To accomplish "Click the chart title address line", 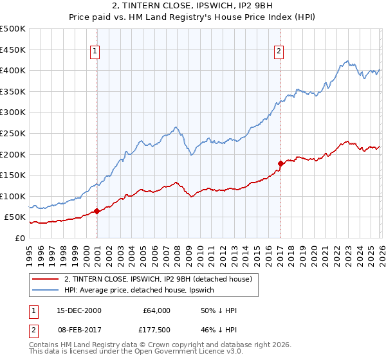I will pos(192,7).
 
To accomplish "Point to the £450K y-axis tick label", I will pos(13,50).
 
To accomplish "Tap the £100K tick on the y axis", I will pos(13,196).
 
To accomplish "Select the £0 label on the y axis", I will pos(20,238).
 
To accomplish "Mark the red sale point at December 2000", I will pos(96,211).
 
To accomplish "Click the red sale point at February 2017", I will pos(280,163).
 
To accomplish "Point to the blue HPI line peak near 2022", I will pos(346,62).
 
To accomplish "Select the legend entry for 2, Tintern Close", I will pos(161,278).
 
